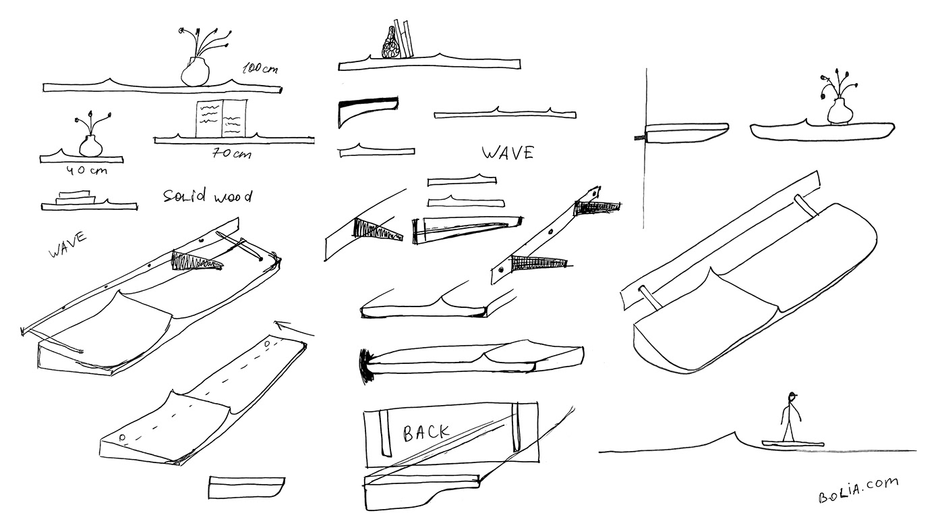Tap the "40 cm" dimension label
click(84, 169)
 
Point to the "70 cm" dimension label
click(231, 153)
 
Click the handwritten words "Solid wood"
click(208, 196)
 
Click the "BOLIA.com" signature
click(858, 489)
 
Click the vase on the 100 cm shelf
click(196, 71)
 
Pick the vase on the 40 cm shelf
click(89, 145)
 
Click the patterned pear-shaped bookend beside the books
click(389, 44)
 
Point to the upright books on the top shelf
click(404, 39)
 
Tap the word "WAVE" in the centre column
click(507, 153)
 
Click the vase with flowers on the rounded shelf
click(838, 110)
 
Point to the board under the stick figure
click(793, 444)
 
